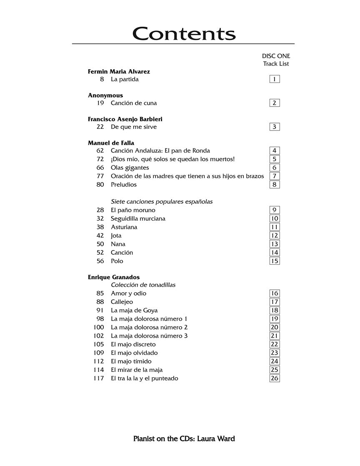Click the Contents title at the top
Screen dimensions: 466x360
pyautogui.click(x=184, y=33)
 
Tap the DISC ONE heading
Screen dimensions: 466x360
pyautogui.click(x=276, y=56)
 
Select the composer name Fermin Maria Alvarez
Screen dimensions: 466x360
pyautogui.click(x=119, y=71)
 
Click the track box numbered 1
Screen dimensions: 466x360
pyautogui.click(x=275, y=79)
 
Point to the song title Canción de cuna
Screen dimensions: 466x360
pyautogui.click(x=134, y=103)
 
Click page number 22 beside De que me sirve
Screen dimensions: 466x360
pyautogui.click(x=100, y=127)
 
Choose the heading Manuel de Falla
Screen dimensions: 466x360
pyautogui.click(x=111, y=143)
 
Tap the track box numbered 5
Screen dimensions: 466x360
pyautogui.click(x=275, y=159)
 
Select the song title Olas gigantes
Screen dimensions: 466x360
pyautogui.click(x=130, y=168)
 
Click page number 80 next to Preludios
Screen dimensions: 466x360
pyautogui.click(x=100, y=185)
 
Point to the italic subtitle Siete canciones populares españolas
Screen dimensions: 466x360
pyautogui.click(x=162, y=202)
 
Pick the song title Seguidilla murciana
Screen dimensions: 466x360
pyautogui.click(x=138, y=218)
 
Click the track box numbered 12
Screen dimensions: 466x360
pyautogui.click(x=275, y=236)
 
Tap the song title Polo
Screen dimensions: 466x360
pyautogui.click(x=117, y=261)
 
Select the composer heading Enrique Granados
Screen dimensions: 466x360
pyautogui.click(x=114, y=277)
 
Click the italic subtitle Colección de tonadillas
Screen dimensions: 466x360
pyautogui.click(x=143, y=285)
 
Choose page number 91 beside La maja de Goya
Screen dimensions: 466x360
pyautogui.click(x=100, y=310)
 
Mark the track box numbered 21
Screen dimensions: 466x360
pyautogui.click(x=275, y=336)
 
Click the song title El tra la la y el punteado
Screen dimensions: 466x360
pyautogui.click(x=144, y=378)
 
